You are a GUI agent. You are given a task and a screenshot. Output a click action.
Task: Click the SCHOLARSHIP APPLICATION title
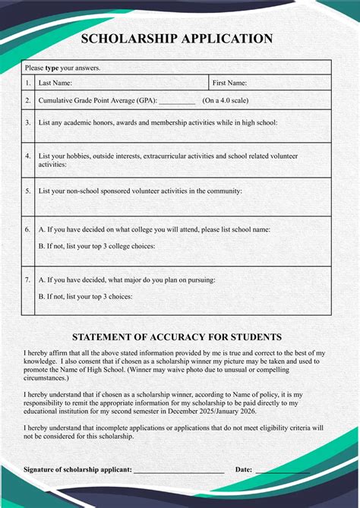177,39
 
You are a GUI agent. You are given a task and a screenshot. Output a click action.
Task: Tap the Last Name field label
55,84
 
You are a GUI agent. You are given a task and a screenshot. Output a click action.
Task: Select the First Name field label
229,84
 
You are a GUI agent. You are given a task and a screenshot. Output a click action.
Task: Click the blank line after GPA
177,101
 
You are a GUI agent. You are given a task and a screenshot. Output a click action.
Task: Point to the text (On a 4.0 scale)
226,100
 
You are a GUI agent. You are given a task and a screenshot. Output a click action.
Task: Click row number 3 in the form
28,121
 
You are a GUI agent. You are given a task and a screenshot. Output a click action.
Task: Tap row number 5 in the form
28,191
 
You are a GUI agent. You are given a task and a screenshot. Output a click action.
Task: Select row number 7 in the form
28,279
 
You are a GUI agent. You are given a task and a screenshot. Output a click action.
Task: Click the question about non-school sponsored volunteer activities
141,191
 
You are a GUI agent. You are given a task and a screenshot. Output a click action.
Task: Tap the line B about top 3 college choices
96,246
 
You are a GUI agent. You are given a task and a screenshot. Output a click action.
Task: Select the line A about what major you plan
127,279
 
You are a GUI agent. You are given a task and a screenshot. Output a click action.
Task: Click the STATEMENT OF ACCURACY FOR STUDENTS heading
177,336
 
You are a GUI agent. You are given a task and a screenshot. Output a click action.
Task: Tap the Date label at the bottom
244,469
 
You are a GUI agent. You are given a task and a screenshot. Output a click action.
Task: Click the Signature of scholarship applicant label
77,469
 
